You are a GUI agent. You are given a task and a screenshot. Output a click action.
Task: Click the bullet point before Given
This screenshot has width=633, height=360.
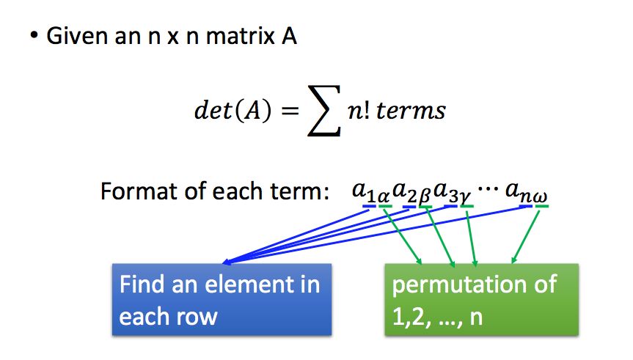tap(34, 34)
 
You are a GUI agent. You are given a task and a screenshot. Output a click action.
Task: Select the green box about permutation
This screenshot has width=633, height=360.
tap(481, 300)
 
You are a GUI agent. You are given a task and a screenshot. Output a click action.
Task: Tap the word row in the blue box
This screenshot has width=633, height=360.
tap(199, 317)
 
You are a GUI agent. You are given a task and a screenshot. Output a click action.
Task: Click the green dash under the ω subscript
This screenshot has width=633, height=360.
tap(543, 206)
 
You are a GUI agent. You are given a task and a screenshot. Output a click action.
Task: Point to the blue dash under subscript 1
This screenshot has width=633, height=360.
tap(369, 206)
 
